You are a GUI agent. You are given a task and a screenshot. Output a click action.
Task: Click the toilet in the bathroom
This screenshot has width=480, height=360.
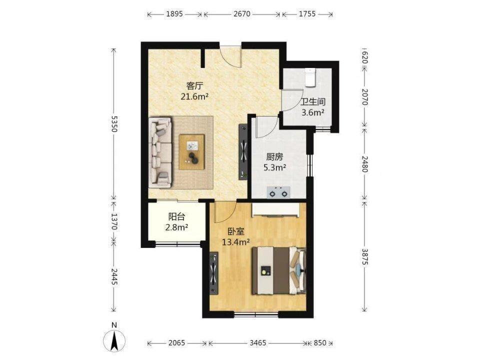click(310, 78)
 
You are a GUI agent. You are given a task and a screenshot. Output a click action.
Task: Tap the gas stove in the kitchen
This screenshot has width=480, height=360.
click(278, 192)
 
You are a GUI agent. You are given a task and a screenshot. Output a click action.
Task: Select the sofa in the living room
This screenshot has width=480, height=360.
click(160, 152)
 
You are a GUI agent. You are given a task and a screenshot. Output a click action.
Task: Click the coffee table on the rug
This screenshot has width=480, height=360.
click(191, 152)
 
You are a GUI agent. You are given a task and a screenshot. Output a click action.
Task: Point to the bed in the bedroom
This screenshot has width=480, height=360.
click(279, 270)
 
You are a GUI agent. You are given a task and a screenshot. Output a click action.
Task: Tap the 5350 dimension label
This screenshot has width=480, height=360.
click(114, 123)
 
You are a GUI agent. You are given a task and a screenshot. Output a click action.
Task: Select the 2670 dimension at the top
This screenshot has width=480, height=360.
click(242, 14)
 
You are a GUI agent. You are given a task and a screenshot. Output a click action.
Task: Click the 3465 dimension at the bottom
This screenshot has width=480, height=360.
click(258, 343)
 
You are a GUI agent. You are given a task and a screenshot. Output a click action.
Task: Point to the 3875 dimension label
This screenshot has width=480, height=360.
click(364, 256)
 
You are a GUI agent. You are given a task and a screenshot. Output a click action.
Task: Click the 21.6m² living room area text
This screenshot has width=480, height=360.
click(194, 96)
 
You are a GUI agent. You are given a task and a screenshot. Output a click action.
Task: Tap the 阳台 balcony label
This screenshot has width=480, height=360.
click(176, 217)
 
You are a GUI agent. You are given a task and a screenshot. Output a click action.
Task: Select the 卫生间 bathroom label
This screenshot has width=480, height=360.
click(312, 102)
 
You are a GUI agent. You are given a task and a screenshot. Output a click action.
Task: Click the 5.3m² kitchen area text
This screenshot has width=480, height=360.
click(274, 167)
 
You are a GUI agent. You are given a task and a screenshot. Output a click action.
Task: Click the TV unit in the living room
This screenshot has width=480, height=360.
click(243, 152)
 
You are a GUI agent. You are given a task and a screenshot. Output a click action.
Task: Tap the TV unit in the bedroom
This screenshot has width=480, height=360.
click(214, 273)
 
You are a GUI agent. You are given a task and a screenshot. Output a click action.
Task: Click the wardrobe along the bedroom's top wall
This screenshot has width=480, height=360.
click(276, 210)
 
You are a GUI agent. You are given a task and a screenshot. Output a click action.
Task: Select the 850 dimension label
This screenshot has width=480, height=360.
click(320, 343)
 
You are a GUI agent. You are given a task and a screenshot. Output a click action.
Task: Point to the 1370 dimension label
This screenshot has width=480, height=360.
click(114, 221)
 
